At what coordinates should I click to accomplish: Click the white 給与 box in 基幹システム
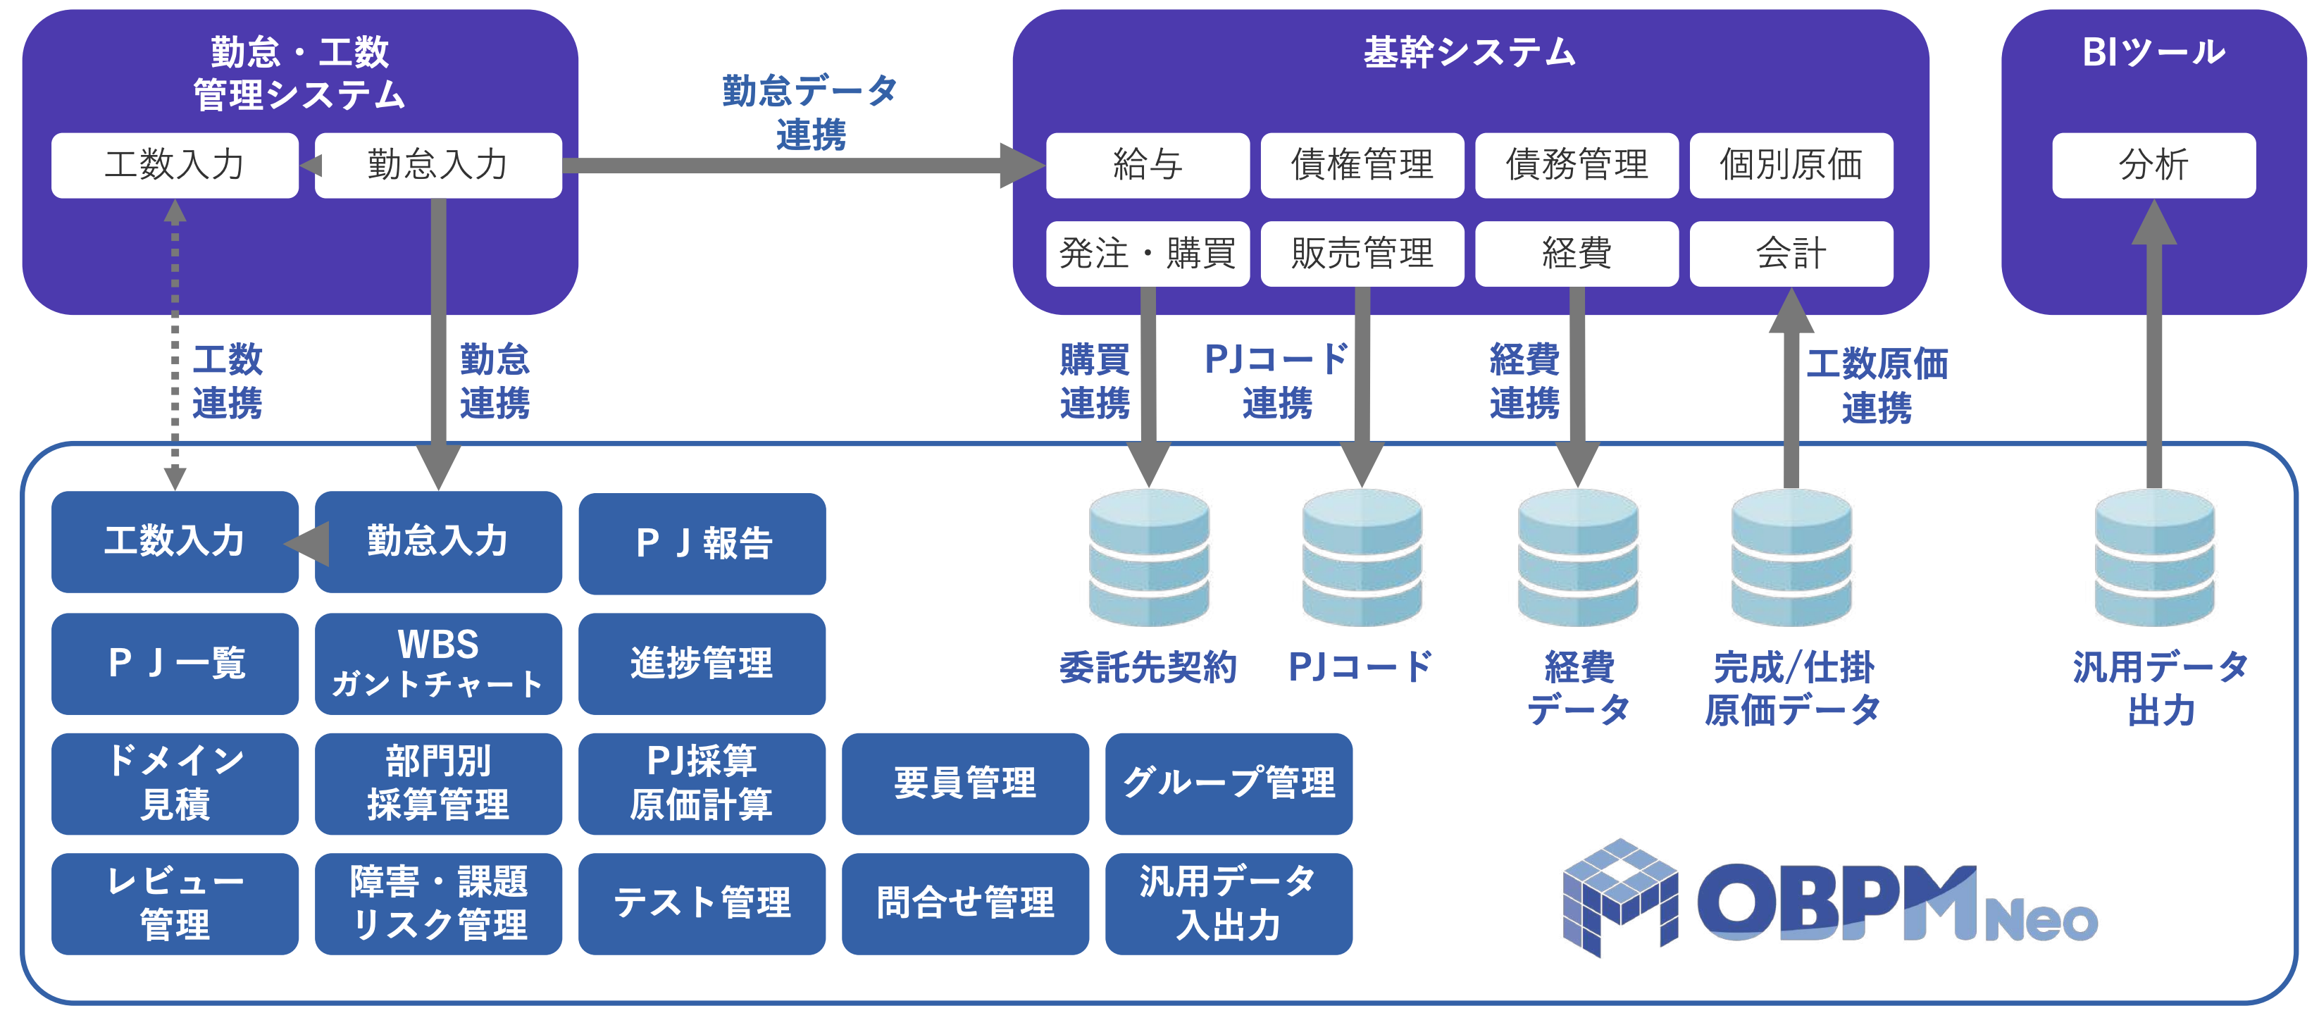pyautogui.click(x=1147, y=165)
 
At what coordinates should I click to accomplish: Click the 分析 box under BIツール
pyautogui.click(x=2153, y=165)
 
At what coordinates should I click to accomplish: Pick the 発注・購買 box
pyautogui.click(x=1147, y=253)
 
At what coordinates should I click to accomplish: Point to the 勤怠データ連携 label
pyautogui.click(x=810, y=113)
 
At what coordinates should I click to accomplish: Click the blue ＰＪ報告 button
pyautogui.click(x=702, y=543)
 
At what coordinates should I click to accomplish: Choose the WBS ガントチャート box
pyautogui.click(x=437, y=664)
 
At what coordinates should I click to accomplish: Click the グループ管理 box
pyautogui.click(x=1228, y=783)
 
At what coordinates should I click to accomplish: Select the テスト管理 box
pyautogui.click(x=702, y=903)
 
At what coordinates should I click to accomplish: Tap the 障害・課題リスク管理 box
pyautogui.click(x=437, y=903)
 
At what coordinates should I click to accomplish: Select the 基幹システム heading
pyautogui.click(x=1469, y=52)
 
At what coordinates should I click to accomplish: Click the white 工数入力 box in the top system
pyautogui.click(x=175, y=165)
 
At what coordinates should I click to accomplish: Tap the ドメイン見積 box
pyautogui.click(x=175, y=783)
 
